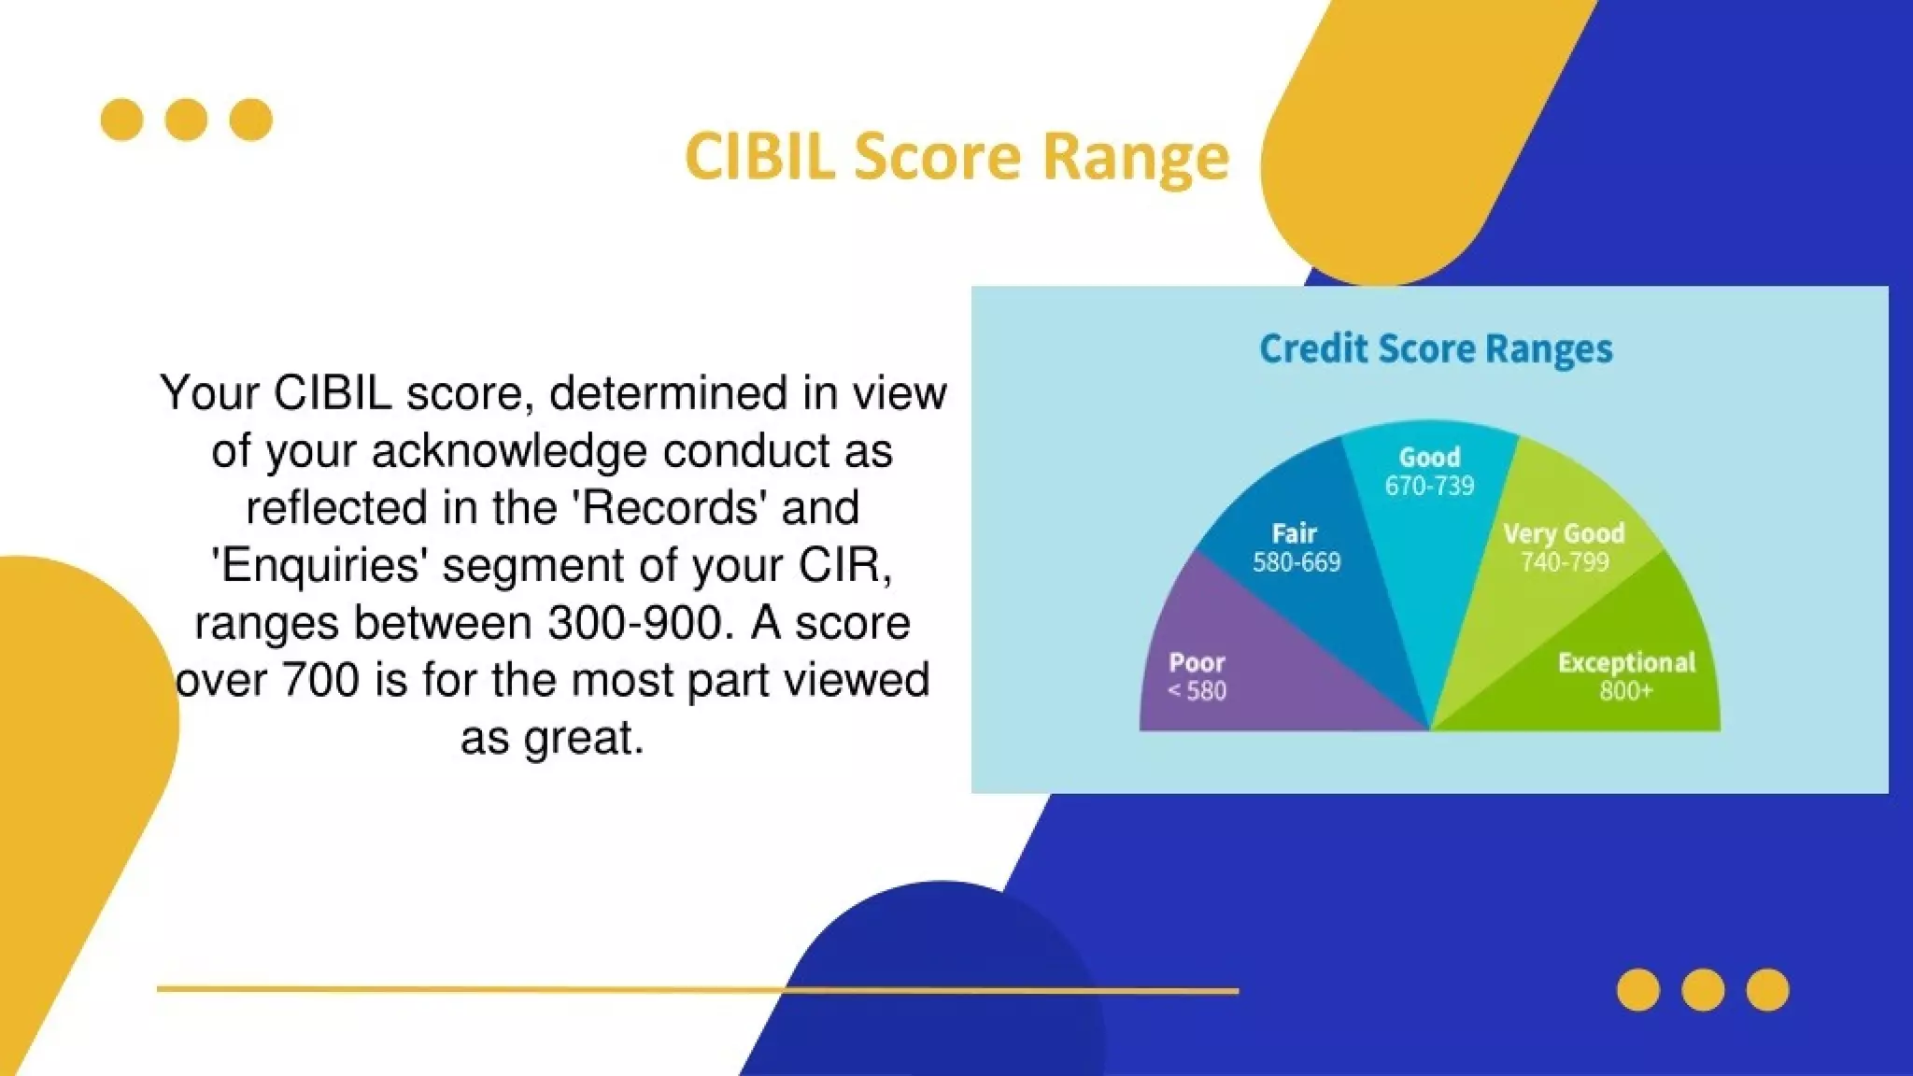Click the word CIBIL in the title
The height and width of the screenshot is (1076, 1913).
pyautogui.click(x=758, y=155)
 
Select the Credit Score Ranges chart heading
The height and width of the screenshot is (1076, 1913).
pyautogui.click(x=1436, y=348)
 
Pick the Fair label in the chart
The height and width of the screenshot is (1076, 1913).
pyautogui.click(x=1295, y=533)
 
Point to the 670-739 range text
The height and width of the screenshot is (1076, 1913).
pyautogui.click(x=1429, y=486)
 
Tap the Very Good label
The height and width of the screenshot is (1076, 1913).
pyautogui.click(x=1564, y=533)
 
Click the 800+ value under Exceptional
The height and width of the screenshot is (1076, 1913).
pyautogui.click(x=1625, y=691)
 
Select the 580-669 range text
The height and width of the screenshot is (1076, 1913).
pyautogui.click(x=1297, y=562)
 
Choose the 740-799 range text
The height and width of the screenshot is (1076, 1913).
pyautogui.click(x=1565, y=562)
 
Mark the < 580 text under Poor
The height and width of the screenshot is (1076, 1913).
pyautogui.click(x=1197, y=691)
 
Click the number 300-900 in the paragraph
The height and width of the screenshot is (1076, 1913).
pyautogui.click(x=635, y=622)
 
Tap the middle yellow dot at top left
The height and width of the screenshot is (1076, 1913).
pyautogui.click(x=186, y=120)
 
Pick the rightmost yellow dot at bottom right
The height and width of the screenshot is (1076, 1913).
pyautogui.click(x=1767, y=990)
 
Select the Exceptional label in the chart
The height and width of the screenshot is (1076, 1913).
pyautogui.click(x=1626, y=663)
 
